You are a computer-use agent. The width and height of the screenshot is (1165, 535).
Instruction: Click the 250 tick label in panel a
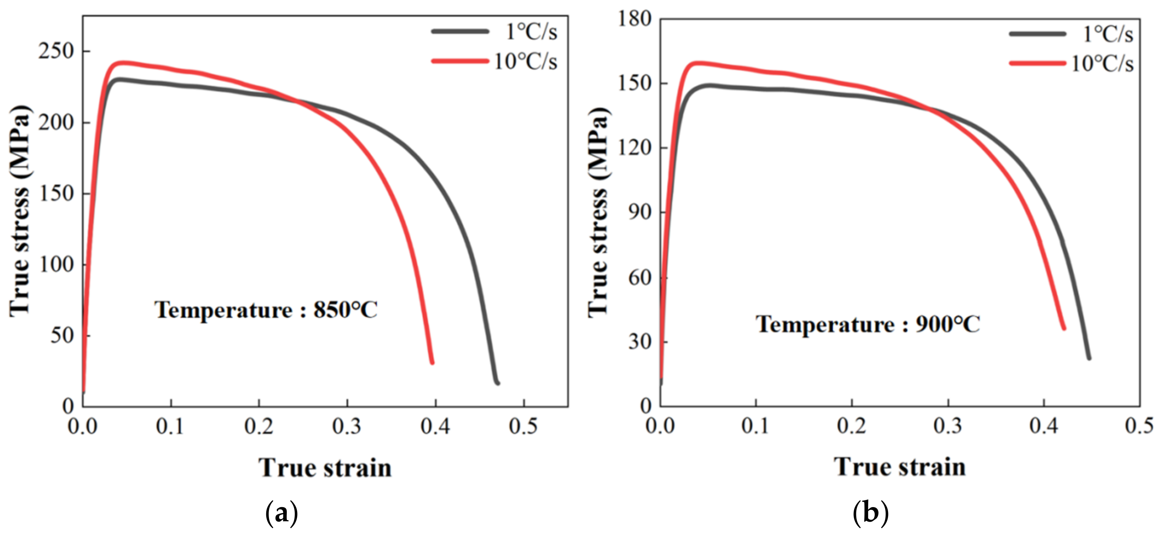tap(56, 52)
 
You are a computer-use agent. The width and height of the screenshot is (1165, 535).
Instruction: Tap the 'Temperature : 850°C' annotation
tap(266, 310)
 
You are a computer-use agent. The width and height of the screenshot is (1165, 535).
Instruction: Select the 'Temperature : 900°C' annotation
tap(867, 324)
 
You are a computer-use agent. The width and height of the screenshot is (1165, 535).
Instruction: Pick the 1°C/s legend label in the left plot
tap(531, 32)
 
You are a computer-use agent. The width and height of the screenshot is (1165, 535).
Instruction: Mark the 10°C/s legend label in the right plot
tap(1102, 64)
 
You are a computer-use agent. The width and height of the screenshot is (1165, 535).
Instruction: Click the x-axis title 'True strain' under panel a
tap(325, 467)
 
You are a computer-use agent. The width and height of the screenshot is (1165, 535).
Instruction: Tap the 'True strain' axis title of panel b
tap(899, 467)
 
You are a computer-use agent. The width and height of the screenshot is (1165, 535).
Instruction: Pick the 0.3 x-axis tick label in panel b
tap(948, 426)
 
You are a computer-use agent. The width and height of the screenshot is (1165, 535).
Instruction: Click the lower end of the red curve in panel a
tap(432, 362)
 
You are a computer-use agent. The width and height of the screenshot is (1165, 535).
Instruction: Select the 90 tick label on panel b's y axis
tap(639, 213)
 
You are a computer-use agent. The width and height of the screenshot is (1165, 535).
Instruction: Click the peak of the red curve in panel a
tap(121, 63)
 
